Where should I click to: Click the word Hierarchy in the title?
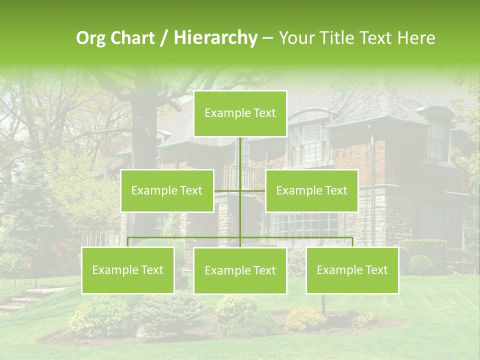tap(215, 38)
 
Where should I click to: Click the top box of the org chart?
tap(240, 113)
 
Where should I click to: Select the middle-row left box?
tap(167, 190)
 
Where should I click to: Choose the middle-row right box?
tap(311, 190)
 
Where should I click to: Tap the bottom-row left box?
tap(127, 270)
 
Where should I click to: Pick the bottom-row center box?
tap(240, 270)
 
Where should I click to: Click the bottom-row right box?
tap(352, 270)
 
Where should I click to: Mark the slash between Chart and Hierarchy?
tap(163, 38)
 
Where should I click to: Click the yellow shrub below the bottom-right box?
tap(305, 318)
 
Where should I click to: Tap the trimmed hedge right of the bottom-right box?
tap(422, 255)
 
